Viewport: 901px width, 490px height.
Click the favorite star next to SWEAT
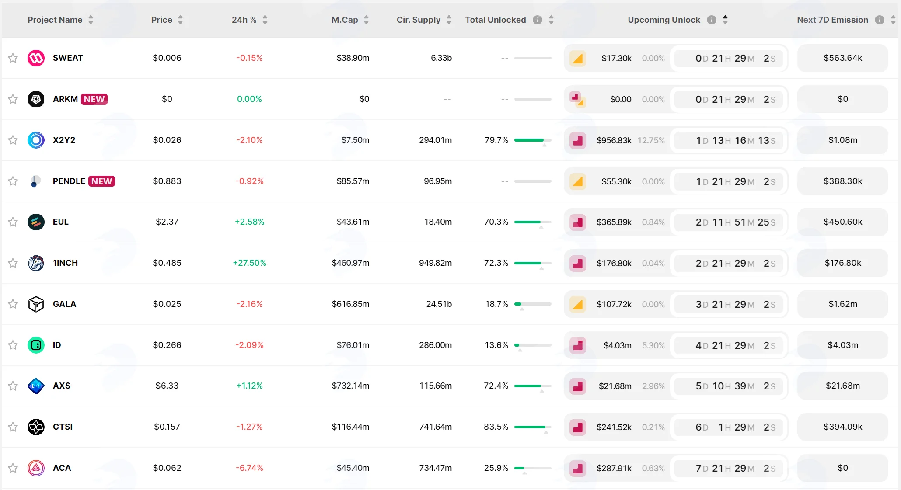(13, 58)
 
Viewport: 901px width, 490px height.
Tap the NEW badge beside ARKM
(94, 99)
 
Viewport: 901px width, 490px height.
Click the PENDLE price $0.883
(167, 181)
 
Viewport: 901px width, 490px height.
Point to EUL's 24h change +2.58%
(249, 222)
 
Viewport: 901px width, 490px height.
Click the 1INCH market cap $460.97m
(350, 263)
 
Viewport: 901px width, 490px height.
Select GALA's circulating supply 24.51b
(439, 304)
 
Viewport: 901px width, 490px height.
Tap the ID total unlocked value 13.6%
(496, 345)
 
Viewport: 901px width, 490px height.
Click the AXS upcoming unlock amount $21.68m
(615, 386)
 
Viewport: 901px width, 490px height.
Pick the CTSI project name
(63, 427)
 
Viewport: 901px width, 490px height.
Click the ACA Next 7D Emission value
(843, 468)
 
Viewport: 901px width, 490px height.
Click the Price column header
(162, 20)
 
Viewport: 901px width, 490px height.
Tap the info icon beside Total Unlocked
(538, 20)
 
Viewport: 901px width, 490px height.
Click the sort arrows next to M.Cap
(367, 20)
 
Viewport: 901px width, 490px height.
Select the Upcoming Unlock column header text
(664, 20)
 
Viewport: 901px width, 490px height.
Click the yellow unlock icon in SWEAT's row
(578, 58)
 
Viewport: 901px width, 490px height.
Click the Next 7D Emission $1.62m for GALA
(843, 304)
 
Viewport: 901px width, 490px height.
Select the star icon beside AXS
(13, 386)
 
